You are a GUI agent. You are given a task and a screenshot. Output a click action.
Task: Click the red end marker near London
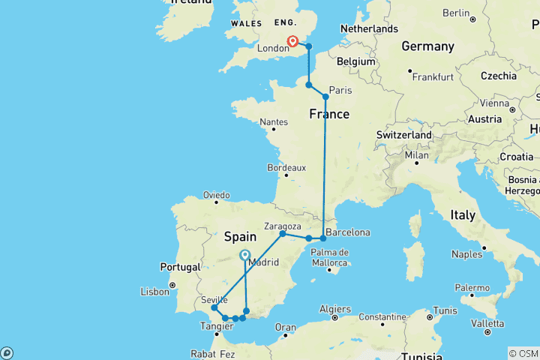pyautogui.click(x=293, y=43)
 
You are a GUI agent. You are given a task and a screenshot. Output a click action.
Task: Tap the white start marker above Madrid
pyautogui.click(x=245, y=256)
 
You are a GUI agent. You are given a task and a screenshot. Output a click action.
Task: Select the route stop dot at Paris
pyautogui.click(x=325, y=97)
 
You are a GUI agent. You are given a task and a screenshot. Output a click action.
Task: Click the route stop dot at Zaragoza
pyautogui.click(x=283, y=234)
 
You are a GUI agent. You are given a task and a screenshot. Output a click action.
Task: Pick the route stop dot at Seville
pyautogui.click(x=214, y=307)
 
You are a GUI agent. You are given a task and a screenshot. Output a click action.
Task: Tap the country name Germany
pyautogui.click(x=427, y=46)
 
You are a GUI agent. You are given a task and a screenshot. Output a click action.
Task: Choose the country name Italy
pyautogui.click(x=463, y=214)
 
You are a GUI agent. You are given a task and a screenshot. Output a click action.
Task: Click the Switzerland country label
pyautogui.click(x=404, y=134)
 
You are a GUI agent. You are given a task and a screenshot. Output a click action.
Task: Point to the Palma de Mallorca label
pyautogui.click(x=329, y=256)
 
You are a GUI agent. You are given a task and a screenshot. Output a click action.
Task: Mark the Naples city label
pyautogui.click(x=467, y=254)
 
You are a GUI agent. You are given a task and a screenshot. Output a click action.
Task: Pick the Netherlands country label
pyautogui.click(x=368, y=28)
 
